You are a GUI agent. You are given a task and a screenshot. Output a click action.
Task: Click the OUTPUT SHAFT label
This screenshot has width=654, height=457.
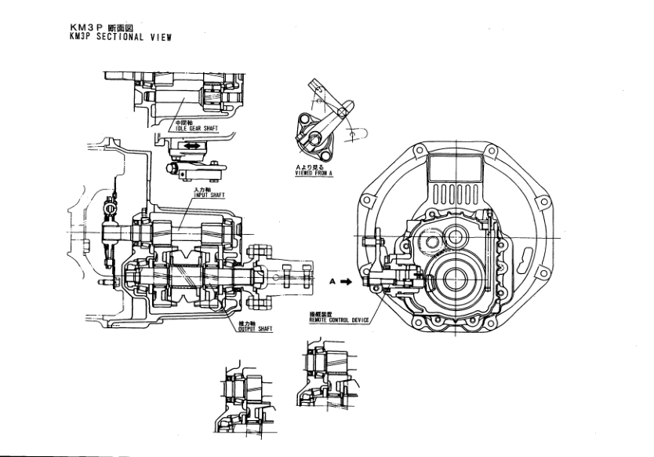(255, 329)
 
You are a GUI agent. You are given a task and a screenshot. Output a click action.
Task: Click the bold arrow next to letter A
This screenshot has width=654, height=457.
(345, 280)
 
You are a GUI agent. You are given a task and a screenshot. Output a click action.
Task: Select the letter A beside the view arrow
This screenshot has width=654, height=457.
(332, 280)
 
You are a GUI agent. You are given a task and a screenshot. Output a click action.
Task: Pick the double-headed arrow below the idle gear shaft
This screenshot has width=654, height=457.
(189, 146)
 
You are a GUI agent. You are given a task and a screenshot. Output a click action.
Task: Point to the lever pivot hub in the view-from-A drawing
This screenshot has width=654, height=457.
(313, 141)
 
